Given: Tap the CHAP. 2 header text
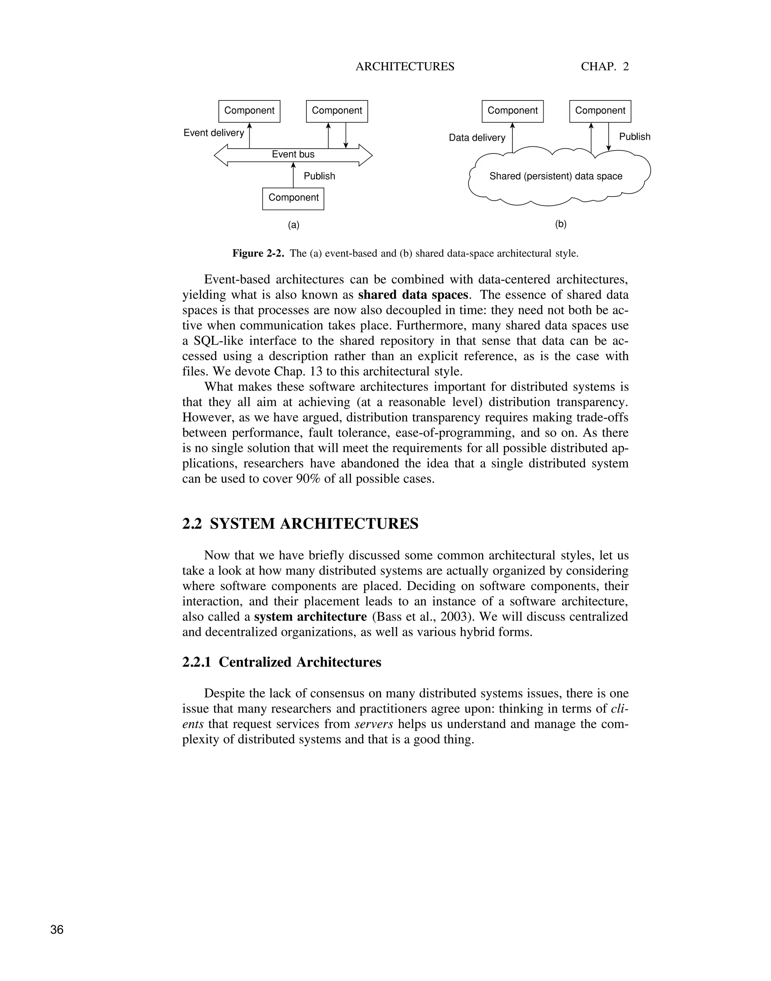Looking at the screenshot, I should tap(605, 67).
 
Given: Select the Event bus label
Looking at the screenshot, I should tap(293, 154).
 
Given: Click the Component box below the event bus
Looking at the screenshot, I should tap(293, 198).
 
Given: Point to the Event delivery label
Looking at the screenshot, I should tap(213, 133).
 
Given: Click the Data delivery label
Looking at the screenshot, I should tap(477, 138).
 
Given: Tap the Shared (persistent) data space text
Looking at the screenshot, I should tap(555, 176).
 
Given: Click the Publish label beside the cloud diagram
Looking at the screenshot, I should tap(634, 137).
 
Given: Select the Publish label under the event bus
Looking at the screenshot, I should tap(319, 176).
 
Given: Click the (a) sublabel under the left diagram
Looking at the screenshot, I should tap(293, 225).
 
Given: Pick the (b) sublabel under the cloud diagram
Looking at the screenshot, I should tap(561, 224).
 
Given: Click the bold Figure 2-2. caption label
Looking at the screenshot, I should tap(258, 253).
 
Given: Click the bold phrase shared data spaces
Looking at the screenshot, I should tap(413, 295).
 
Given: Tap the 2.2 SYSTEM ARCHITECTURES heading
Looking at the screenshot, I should tap(300, 524).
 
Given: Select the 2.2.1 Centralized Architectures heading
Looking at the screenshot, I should tap(282, 662).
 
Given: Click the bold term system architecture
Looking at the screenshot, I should tap(310, 617).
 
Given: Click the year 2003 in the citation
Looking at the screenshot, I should tap(453, 617).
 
